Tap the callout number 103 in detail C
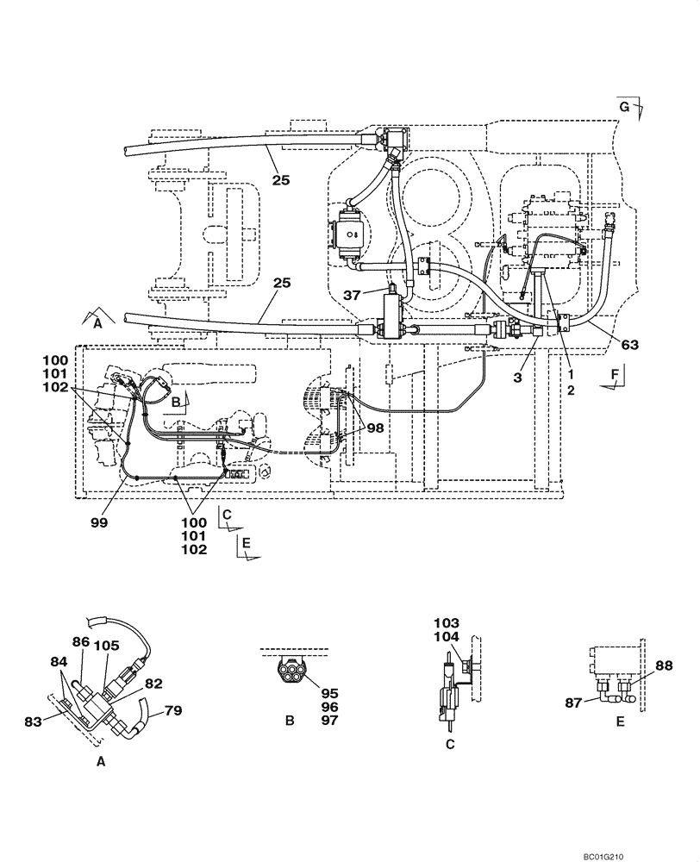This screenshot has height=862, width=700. (447, 622)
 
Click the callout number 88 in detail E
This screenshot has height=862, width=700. (665, 665)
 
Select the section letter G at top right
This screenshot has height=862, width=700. (626, 106)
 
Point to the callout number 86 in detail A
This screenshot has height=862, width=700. (82, 641)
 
